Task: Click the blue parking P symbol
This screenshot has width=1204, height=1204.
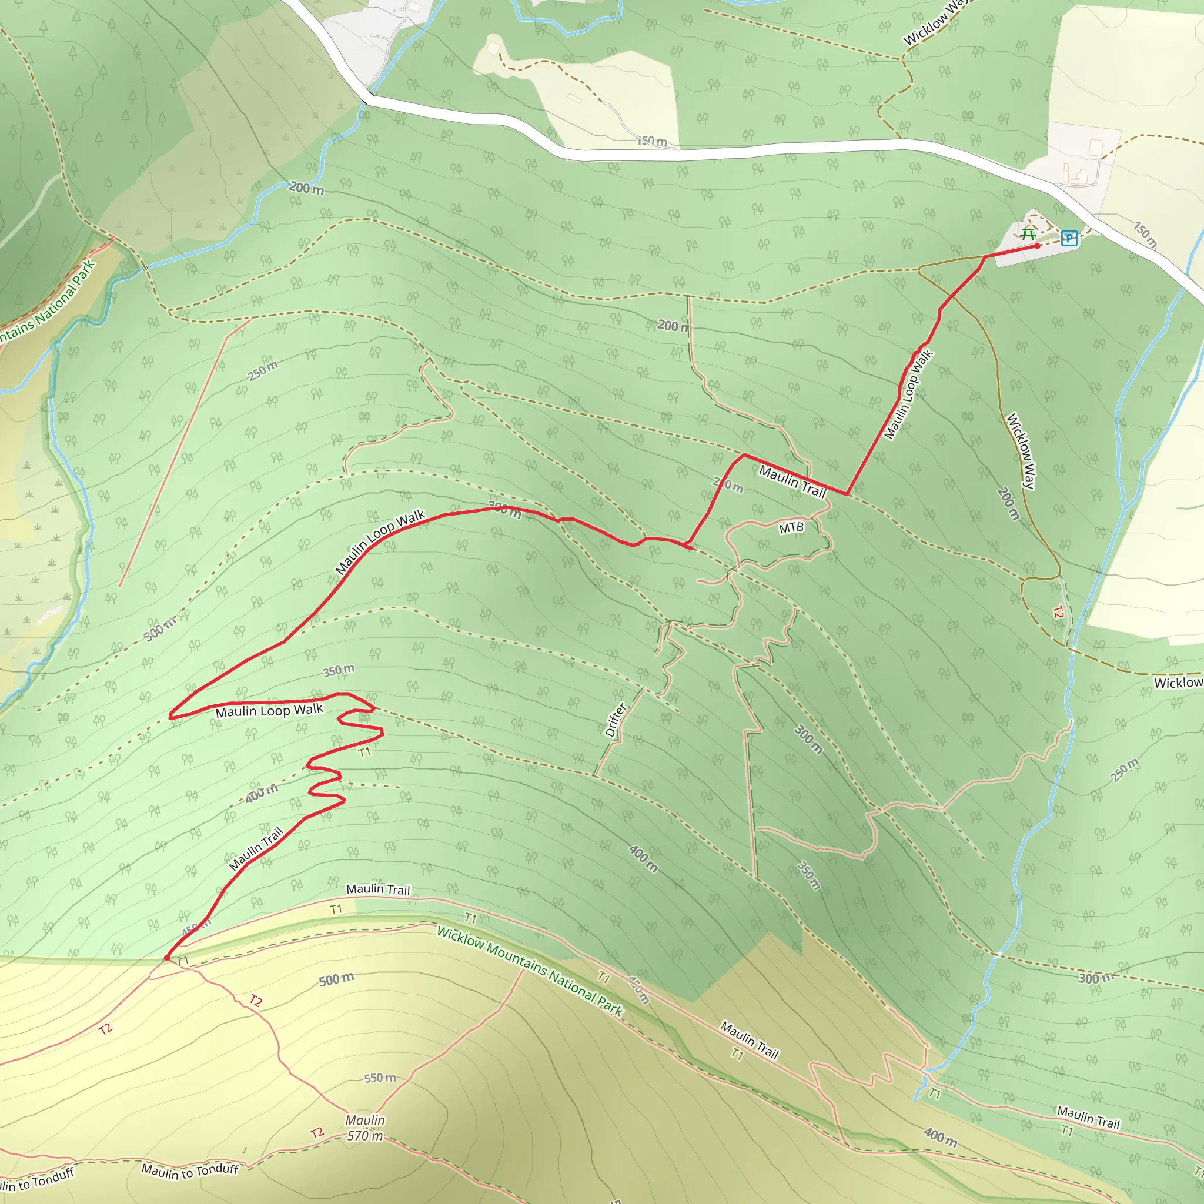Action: pyautogui.click(x=1069, y=238)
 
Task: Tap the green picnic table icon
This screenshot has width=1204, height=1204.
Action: pyautogui.click(x=1029, y=235)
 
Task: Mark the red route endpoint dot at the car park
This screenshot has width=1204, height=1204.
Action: pyautogui.click(x=1037, y=246)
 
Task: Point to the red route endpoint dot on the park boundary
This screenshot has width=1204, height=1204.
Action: pyautogui.click(x=167, y=958)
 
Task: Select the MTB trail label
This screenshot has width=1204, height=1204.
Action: pyautogui.click(x=791, y=528)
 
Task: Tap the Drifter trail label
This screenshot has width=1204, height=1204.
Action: pyautogui.click(x=615, y=720)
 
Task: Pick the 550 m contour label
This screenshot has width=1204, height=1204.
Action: pyautogui.click(x=380, y=1078)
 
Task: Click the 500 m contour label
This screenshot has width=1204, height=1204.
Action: pyautogui.click(x=336, y=979)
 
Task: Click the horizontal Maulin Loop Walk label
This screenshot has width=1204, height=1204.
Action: pyautogui.click(x=269, y=710)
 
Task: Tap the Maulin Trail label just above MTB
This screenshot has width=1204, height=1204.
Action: pyautogui.click(x=792, y=481)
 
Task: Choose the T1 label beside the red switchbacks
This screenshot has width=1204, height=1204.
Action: pyautogui.click(x=364, y=752)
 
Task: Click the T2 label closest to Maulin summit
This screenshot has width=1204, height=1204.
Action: pyautogui.click(x=317, y=1132)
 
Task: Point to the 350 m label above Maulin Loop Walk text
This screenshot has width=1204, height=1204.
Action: pyautogui.click(x=339, y=671)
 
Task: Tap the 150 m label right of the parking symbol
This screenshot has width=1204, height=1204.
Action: pyautogui.click(x=1145, y=235)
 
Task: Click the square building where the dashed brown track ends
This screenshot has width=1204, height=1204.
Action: pyautogui.click(x=494, y=48)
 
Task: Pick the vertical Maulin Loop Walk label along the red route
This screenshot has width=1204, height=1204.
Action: pyautogui.click(x=909, y=394)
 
